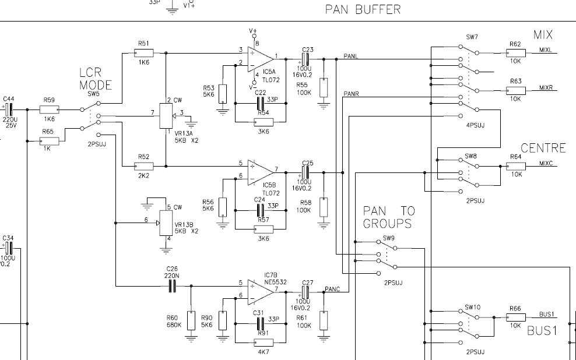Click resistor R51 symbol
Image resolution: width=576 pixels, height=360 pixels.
tap(143, 53)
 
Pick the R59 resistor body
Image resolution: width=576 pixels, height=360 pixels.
tap(48, 109)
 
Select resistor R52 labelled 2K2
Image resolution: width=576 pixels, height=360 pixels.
tap(143, 166)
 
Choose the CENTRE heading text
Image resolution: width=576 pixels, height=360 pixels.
tap(543, 149)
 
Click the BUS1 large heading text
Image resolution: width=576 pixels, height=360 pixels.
tap(542, 331)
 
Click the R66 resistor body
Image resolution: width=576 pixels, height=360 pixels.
tap(515, 317)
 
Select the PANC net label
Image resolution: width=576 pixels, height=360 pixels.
tap(332, 289)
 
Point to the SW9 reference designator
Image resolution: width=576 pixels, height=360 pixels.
tap(389, 238)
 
